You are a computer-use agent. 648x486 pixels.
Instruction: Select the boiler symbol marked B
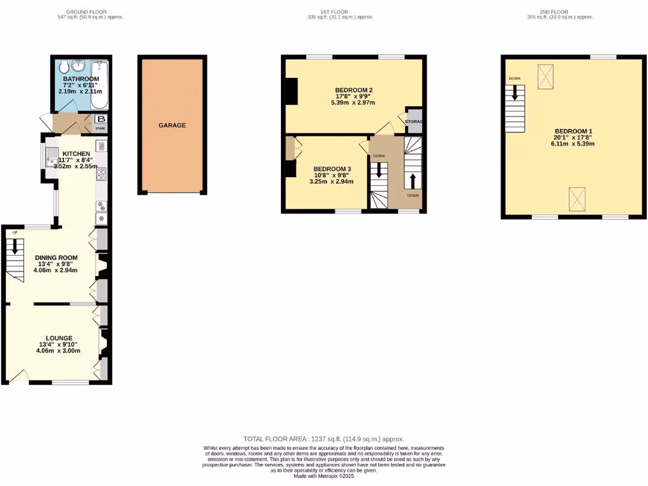101,119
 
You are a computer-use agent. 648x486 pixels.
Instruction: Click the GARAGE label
172,125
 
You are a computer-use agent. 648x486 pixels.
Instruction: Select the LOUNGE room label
58,338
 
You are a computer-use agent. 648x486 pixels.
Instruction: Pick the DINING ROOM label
56,258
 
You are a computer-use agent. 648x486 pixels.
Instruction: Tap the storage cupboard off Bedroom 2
414,121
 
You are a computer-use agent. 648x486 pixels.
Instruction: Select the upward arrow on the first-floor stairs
412,180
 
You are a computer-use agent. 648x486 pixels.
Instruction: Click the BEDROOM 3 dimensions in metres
331,182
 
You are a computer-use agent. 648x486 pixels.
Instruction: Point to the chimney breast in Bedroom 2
291,90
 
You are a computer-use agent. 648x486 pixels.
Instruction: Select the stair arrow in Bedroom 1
515,94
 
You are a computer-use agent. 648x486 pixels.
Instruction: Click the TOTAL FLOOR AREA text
323,439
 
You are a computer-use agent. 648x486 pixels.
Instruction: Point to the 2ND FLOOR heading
554,11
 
